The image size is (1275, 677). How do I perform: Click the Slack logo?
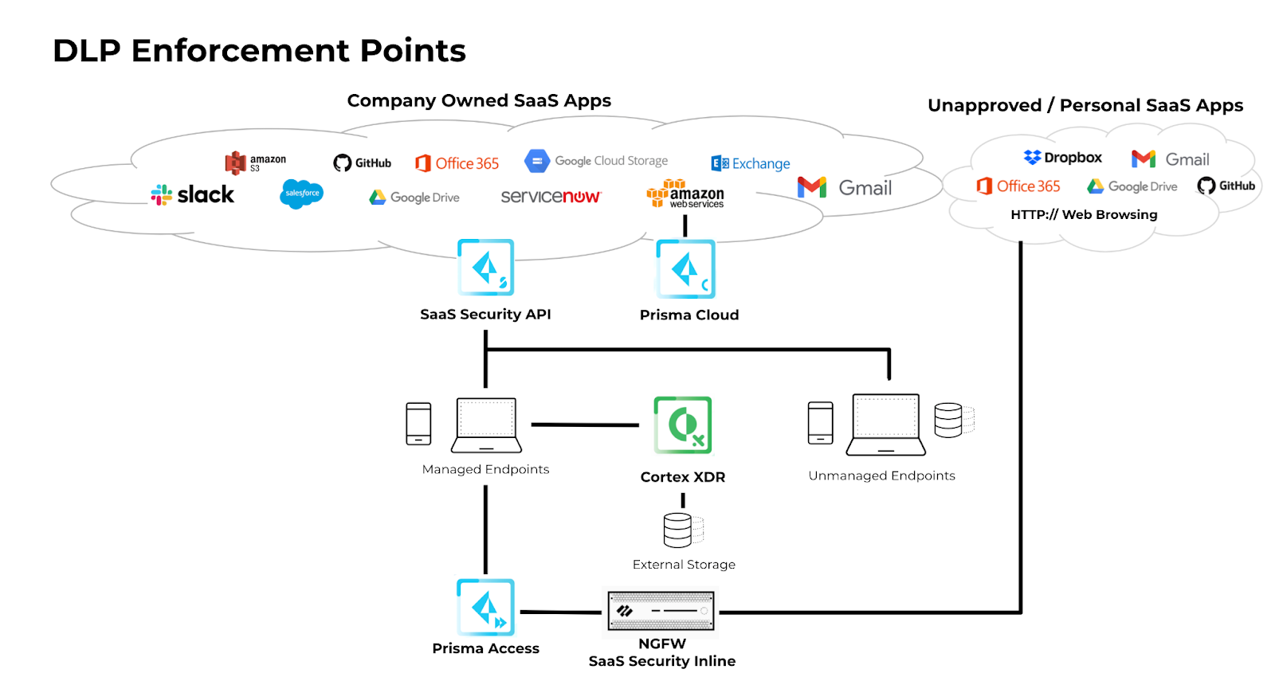(x=192, y=194)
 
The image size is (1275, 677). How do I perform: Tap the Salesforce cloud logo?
(x=302, y=194)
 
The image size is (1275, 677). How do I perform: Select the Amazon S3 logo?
(x=256, y=162)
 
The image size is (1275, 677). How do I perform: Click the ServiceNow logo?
(x=551, y=196)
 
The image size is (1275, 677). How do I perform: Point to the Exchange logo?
(x=750, y=163)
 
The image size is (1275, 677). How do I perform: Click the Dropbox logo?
(x=1062, y=157)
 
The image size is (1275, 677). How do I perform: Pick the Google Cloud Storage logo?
(x=596, y=161)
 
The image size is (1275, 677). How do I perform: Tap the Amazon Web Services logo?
(x=685, y=194)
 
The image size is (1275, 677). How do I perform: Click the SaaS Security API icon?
(x=485, y=267)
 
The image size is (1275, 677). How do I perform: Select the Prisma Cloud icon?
(x=685, y=268)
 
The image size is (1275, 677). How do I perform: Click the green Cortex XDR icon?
(x=682, y=425)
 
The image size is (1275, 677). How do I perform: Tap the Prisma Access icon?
(x=485, y=607)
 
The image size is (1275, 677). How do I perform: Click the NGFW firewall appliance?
(x=661, y=611)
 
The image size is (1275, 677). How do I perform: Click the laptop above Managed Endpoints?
(x=486, y=425)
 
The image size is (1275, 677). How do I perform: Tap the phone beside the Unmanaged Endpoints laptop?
(x=820, y=423)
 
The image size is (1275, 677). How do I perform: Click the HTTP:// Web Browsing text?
(x=1084, y=214)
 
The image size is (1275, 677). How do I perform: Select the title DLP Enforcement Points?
(x=259, y=50)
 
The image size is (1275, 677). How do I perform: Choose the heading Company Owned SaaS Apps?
(x=479, y=100)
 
